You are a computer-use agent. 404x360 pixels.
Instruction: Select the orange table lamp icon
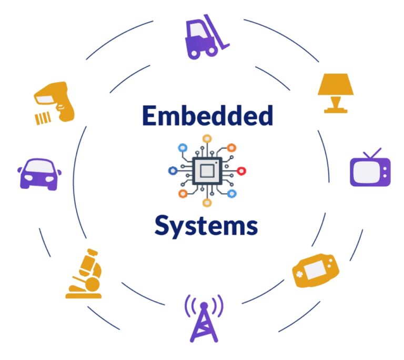click(335, 92)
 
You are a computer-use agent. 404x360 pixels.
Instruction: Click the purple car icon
click(40, 174)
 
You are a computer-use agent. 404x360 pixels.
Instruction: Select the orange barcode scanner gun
click(55, 100)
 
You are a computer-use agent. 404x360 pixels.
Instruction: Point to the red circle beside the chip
click(242, 171)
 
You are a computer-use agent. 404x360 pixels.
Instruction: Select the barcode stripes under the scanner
click(43, 118)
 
